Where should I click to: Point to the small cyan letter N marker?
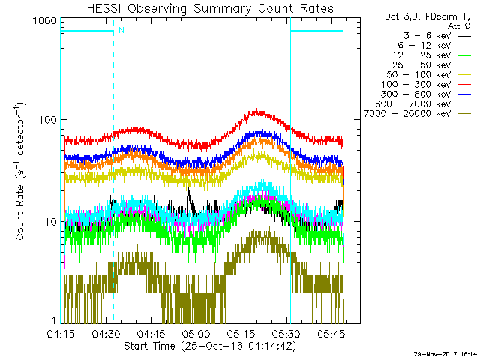click(x=121, y=30)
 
